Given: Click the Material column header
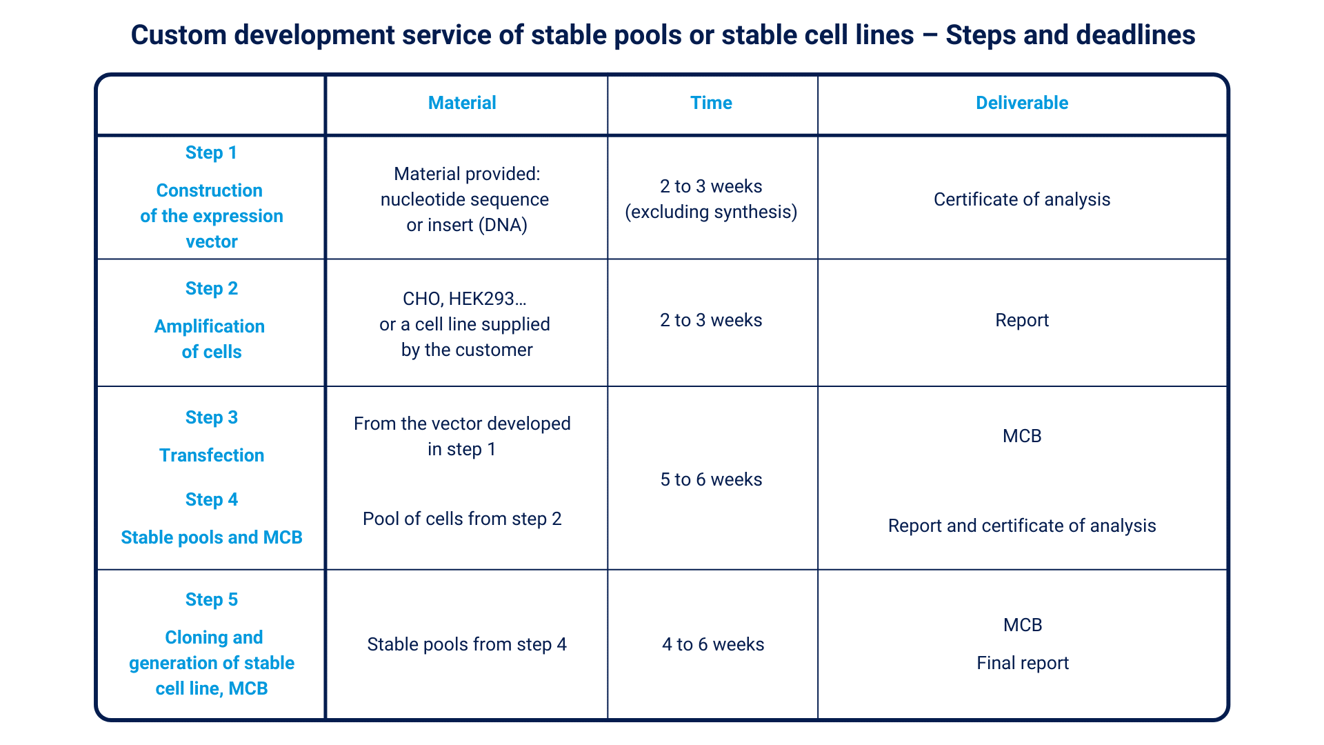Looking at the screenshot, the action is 462,103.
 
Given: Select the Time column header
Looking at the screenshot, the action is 711,103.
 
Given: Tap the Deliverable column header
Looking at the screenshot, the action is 1022,103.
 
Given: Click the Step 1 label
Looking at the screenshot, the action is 211,152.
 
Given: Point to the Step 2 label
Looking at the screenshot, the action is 211,288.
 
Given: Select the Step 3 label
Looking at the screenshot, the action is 211,417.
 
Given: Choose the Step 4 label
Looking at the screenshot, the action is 211,499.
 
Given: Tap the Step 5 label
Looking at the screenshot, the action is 211,599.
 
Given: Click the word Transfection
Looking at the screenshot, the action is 212,455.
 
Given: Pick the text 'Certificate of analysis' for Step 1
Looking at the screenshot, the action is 1022,199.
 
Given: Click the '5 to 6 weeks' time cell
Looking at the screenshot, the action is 711,479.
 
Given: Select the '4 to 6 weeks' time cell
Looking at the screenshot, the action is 713,644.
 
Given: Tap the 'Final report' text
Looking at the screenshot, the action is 1023,663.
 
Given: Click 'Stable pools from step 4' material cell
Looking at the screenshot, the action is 467,644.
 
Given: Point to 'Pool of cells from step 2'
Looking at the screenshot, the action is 462,519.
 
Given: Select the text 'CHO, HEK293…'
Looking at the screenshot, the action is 465,299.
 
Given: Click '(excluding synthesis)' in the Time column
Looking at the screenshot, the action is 711,212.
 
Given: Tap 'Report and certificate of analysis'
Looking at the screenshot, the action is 1022,526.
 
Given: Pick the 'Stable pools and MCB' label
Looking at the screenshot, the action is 212,537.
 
